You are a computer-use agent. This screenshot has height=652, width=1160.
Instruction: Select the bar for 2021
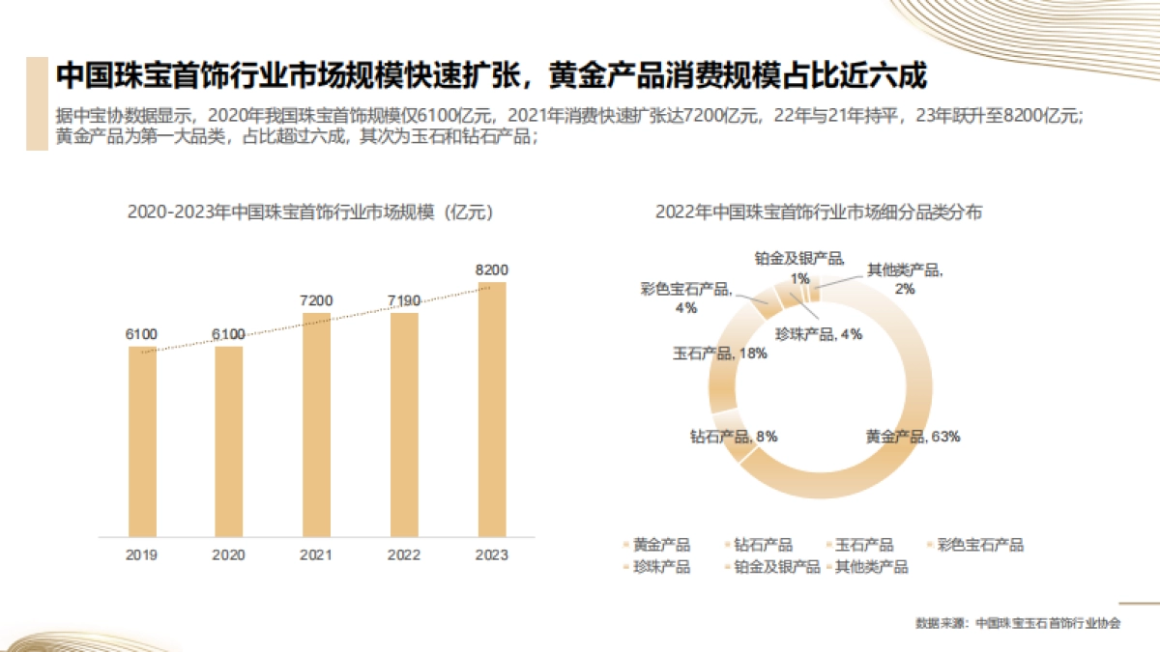316,424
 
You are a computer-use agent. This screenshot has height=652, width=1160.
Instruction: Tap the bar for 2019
142,440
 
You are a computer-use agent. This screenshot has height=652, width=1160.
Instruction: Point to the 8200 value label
492,269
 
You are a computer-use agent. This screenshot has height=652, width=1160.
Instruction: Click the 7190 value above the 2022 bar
404,301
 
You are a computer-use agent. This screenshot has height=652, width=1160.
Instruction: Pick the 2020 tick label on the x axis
228,555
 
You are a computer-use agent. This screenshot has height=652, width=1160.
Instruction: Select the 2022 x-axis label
404,555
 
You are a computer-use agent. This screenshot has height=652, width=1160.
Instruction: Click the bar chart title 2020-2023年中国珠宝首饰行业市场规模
311,213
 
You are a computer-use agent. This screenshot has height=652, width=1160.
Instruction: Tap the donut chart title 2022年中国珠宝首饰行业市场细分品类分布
818,213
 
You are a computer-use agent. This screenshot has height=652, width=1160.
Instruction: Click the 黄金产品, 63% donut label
913,437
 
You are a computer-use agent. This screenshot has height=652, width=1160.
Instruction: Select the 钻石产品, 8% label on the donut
734,436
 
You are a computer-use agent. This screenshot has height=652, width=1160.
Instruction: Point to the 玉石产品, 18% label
720,354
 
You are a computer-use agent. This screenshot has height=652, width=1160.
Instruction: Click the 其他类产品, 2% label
904,278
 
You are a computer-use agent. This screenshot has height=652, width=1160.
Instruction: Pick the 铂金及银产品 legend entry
770,567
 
